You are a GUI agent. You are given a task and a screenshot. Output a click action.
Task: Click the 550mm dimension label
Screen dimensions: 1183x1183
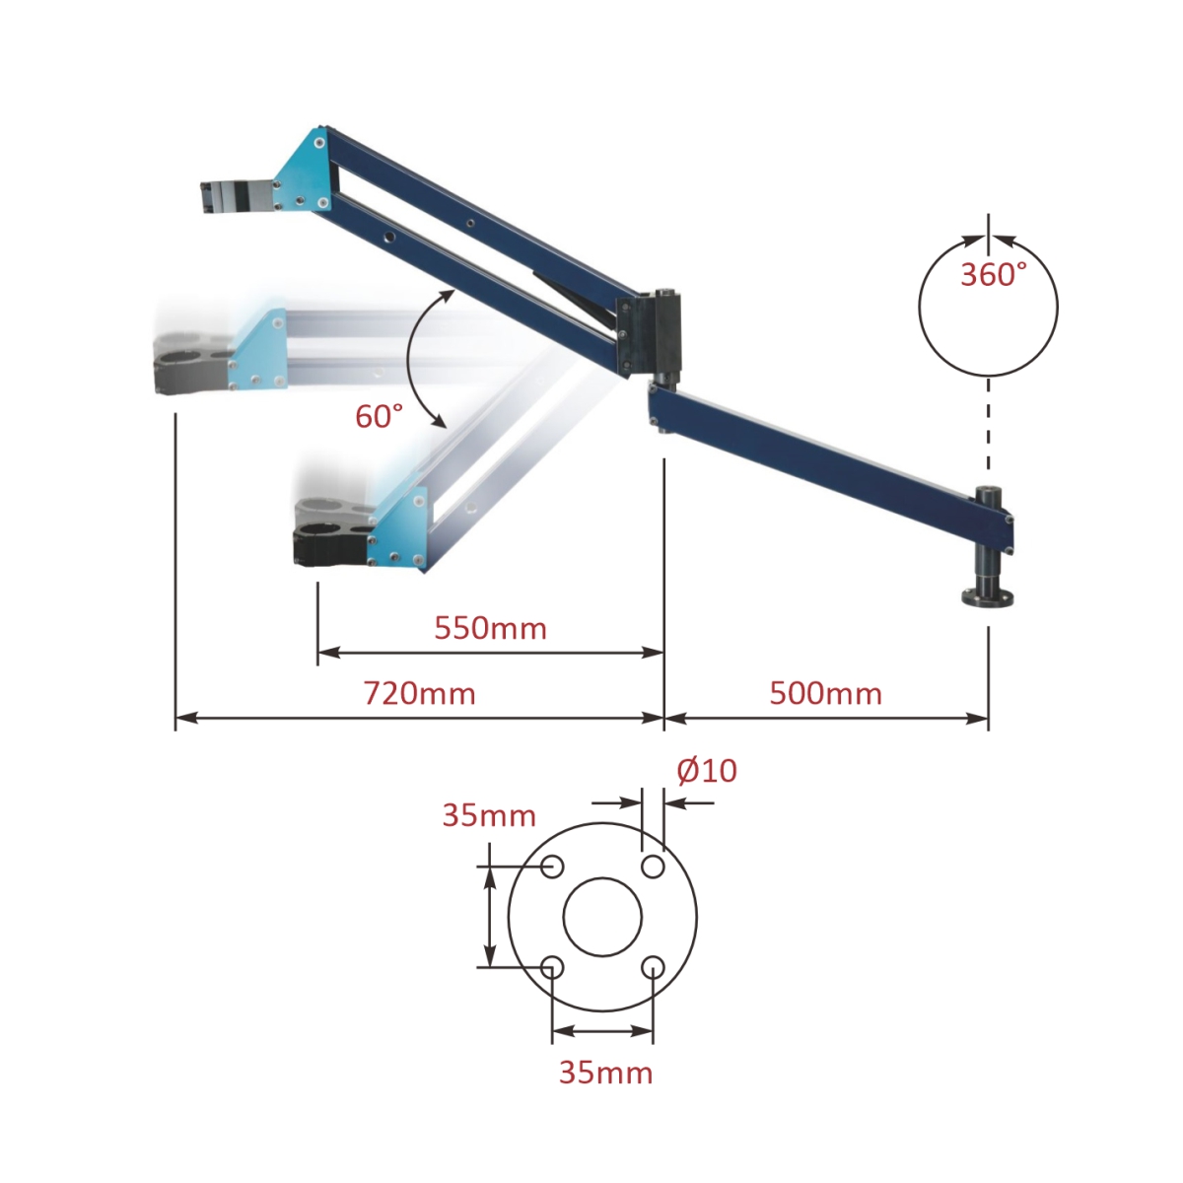[x=490, y=628]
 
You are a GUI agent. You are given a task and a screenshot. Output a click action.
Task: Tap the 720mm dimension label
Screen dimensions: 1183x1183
[x=420, y=694]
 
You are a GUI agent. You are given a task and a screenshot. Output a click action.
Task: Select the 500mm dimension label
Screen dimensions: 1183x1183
[x=825, y=694]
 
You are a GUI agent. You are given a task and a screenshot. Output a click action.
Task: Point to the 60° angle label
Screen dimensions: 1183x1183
[x=380, y=417]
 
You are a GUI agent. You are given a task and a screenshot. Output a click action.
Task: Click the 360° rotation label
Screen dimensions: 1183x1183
[x=994, y=275]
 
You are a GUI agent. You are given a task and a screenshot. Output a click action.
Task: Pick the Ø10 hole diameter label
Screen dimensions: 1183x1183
[x=707, y=771]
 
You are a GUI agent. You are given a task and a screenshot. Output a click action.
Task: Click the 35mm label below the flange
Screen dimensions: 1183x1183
[x=605, y=1073]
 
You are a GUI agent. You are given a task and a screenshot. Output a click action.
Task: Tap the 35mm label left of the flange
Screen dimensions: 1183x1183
[x=489, y=816]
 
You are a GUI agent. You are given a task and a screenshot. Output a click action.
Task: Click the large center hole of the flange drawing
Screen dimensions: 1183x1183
[x=602, y=917]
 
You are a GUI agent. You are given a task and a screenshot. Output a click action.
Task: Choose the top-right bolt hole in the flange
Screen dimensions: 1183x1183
[x=653, y=867]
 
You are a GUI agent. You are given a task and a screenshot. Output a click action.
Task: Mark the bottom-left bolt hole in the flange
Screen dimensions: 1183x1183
[x=552, y=967]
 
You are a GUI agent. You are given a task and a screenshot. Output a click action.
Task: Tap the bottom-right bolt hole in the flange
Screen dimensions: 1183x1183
[x=653, y=967]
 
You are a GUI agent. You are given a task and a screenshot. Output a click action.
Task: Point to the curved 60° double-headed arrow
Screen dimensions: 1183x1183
[x=419, y=357]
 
